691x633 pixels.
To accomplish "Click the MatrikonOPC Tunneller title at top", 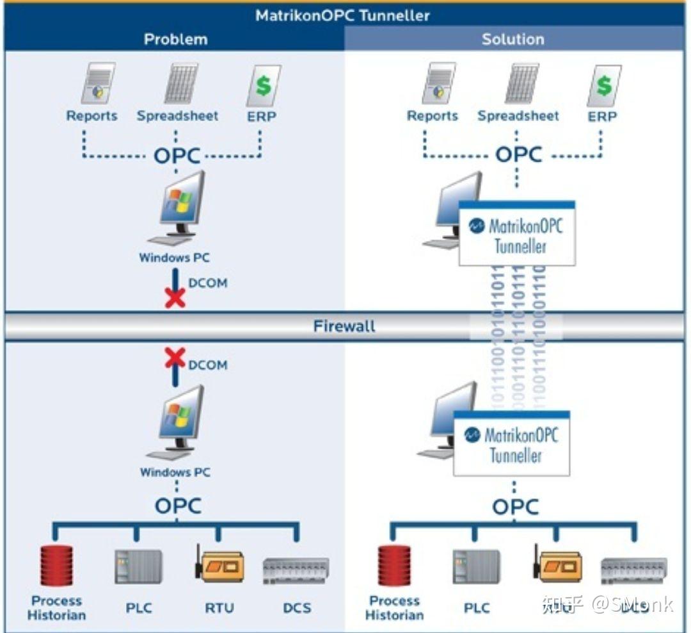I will (x=343, y=15).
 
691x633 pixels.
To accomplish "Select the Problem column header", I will (x=175, y=39).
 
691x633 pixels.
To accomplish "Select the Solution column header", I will (x=512, y=39).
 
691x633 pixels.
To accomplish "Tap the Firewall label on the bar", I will (x=344, y=326).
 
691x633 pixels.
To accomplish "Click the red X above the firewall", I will (x=175, y=297).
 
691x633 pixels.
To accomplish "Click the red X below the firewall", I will (x=175, y=358).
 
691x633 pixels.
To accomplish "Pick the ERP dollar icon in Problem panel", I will (x=263, y=85).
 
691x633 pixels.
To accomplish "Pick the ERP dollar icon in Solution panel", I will (x=603, y=85).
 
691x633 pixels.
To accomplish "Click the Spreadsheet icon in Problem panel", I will (x=180, y=83).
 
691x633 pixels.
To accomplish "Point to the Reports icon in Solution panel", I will (x=438, y=83).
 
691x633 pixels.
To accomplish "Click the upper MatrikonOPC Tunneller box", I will (x=517, y=234).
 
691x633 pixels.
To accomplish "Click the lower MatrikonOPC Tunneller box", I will (x=512, y=444).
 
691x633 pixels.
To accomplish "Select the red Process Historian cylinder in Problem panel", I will (x=56, y=566).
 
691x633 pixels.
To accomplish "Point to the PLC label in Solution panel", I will (x=477, y=608).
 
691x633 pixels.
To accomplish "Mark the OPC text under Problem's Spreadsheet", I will (x=177, y=156).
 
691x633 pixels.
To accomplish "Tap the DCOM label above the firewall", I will (x=207, y=283).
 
